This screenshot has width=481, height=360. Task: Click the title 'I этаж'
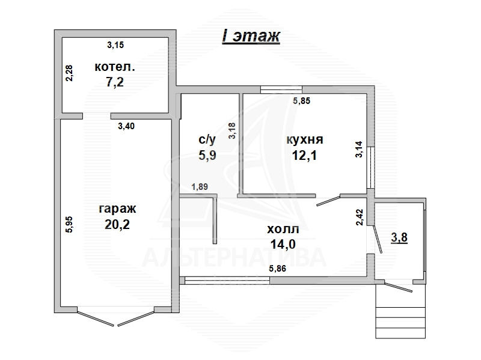click(x=251, y=36)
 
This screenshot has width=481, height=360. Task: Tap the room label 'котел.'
click(x=115, y=67)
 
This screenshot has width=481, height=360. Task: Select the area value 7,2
click(x=115, y=82)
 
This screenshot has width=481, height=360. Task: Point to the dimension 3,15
click(x=115, y=45)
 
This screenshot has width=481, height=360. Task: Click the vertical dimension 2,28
click(x=70, y=73)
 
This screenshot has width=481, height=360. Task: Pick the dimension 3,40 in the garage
click(x=126, y=126)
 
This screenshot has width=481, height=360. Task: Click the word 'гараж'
click(x=117, y=209)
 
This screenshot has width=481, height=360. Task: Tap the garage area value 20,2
click(x=117, y=224)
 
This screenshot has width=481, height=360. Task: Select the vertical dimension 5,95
click(x=70, y=225)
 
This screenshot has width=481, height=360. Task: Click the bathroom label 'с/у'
click(x=207, y=139)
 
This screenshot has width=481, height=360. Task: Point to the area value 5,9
click(x=207, y=155)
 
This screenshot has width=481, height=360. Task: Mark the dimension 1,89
click(x=200, y=186)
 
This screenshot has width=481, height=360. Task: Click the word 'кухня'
click(x=305, y=140)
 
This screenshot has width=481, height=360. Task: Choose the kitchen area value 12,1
click(x=304, y=156)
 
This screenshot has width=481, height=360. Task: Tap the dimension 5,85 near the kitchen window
click(x=302, y=101)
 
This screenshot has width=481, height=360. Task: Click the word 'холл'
click(x=283, y=230)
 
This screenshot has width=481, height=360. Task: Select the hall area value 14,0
click(x=283, y=244)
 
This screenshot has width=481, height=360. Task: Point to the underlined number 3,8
click(x=399, y=237)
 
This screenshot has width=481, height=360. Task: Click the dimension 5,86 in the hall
click(x=278, y=269)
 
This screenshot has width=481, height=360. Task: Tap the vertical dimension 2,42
click(x=360, y=217)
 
